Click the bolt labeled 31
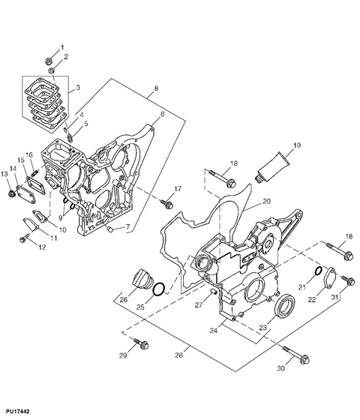(x=347, y=282)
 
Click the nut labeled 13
(x=10, y=195)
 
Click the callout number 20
(x=265, y=201)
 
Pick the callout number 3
(x=78, y=87)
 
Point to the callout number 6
(x=161, y=114)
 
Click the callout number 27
(x=199, y=304)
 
